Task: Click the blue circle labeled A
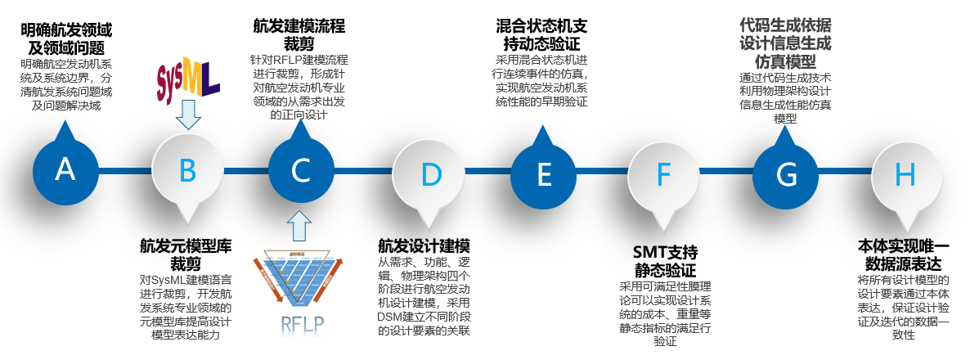click(65, 170)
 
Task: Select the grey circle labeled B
click(187, 170)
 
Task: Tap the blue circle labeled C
click(301, 170)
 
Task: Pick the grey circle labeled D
click(430, 173)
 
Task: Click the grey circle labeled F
click(663, 173)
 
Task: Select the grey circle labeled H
click(905, 173)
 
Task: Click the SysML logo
click(188, 79)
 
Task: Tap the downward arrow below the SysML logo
click(188, 115)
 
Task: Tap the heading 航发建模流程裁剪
click(299, 32)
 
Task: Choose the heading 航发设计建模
click(424, 246)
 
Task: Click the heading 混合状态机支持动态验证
click(541, 34)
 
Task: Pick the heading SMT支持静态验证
click(665, 260)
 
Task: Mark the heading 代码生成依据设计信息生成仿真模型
click(785, 41)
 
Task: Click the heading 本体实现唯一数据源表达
click(904, 254)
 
